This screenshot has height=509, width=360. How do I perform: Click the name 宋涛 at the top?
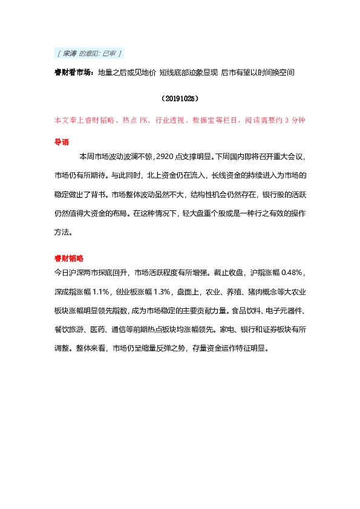point(70,54)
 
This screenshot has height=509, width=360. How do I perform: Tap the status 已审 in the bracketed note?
point(110,54)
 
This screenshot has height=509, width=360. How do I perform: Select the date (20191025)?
point(179,97)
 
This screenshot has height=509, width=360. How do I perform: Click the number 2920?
point(165,157)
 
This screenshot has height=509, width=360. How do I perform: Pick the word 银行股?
point(275,195)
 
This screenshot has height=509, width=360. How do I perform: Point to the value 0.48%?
point(297,272)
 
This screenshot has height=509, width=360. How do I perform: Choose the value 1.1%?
point(97,291)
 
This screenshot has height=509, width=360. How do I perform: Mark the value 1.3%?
point(160,291)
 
